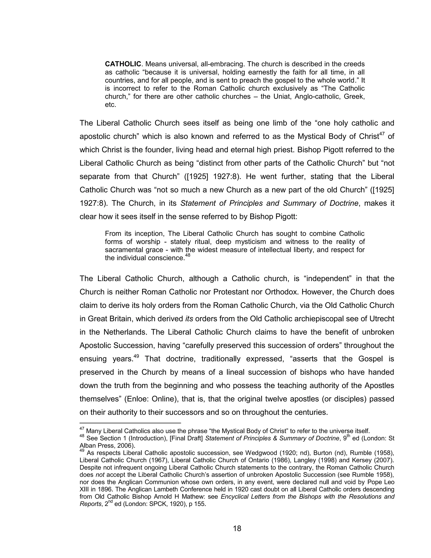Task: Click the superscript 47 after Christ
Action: [x=382, y=134]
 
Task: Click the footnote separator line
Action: [x=130, y=423]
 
